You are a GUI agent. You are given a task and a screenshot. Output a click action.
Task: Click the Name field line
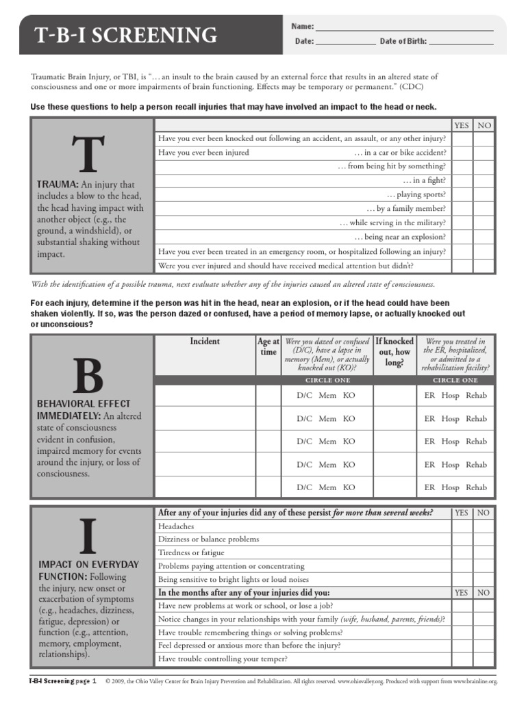pos(404,27)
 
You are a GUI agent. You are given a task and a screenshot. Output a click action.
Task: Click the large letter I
pos(86,537)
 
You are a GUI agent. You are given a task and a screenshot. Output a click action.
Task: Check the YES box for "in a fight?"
pos(462,181)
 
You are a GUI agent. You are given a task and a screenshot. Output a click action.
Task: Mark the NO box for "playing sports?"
pos(484,194)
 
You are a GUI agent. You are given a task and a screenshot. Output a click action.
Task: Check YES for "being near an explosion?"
pos(462,237)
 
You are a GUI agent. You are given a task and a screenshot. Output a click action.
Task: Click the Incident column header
pos(205,341)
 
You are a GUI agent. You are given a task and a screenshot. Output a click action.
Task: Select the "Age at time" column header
pos(268,347)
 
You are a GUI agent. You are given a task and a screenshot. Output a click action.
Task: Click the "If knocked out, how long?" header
pos(394,352)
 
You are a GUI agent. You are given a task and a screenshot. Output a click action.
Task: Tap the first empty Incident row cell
pos(205,396)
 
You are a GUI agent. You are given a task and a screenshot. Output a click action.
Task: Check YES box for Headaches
pos(462,526)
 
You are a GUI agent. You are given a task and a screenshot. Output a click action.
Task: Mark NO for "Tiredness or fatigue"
pos(484,552)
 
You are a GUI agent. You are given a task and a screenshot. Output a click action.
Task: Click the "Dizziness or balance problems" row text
pos(208,539)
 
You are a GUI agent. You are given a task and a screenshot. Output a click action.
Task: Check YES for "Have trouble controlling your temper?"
pos(462,659)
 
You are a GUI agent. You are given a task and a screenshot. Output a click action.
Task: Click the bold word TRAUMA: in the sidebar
pos(58,185)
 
